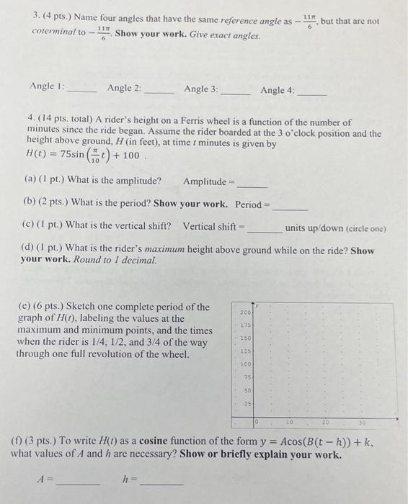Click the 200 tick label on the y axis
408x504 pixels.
(244, 314)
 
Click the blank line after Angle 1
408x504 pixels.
(81, 91)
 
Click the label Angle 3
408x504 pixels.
(200, 89)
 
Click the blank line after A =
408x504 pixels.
(78, 483)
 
